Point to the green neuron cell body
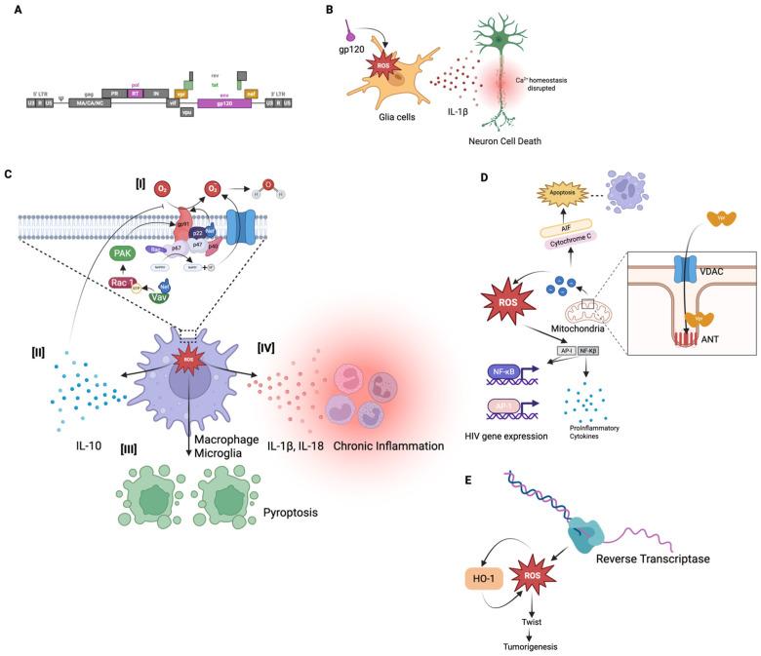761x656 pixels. coord(498,39)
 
